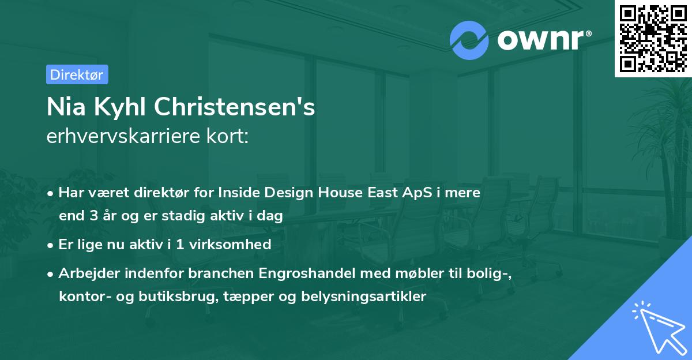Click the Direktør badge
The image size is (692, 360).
click(77, 74)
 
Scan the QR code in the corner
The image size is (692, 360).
click(653, 38)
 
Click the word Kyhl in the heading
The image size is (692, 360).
click(119, 107)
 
